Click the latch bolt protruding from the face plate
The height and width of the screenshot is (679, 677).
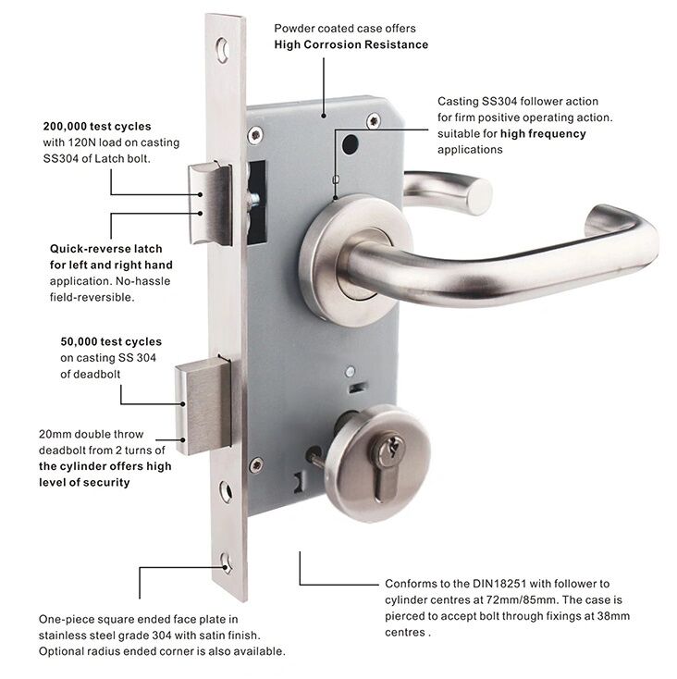pyautogui.click(x=210, y=204)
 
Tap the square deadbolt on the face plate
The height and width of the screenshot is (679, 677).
pyautogui.click(x=203, y=406)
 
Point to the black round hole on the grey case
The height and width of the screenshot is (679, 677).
pyautogui.click(x=351, y=144)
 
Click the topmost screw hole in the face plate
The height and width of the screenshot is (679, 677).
pyautogui.click(x=223, y=50)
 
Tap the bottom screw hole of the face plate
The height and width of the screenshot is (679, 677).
pyautogui.click(x=226, y=563)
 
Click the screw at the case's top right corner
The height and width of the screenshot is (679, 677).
pyautogui.click(x=374, y=121)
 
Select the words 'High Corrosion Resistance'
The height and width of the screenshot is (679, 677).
pyautogui.click(x=351, y=44)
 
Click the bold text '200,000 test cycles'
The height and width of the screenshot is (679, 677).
pyautogui.click(x=97, y=127)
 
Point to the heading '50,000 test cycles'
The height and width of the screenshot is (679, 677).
pyautogui.click(x=111, y=341)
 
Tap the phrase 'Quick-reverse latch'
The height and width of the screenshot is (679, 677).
pyautogui.click(x=106, y=249)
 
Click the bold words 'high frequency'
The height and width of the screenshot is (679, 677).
pyautogui.click(x=543, y=134)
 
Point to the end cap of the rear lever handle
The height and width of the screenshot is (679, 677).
pyautogui.click(x=479, y=196)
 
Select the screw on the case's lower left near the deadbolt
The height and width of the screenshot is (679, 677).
pyautogui.click(x=256, y=465)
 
